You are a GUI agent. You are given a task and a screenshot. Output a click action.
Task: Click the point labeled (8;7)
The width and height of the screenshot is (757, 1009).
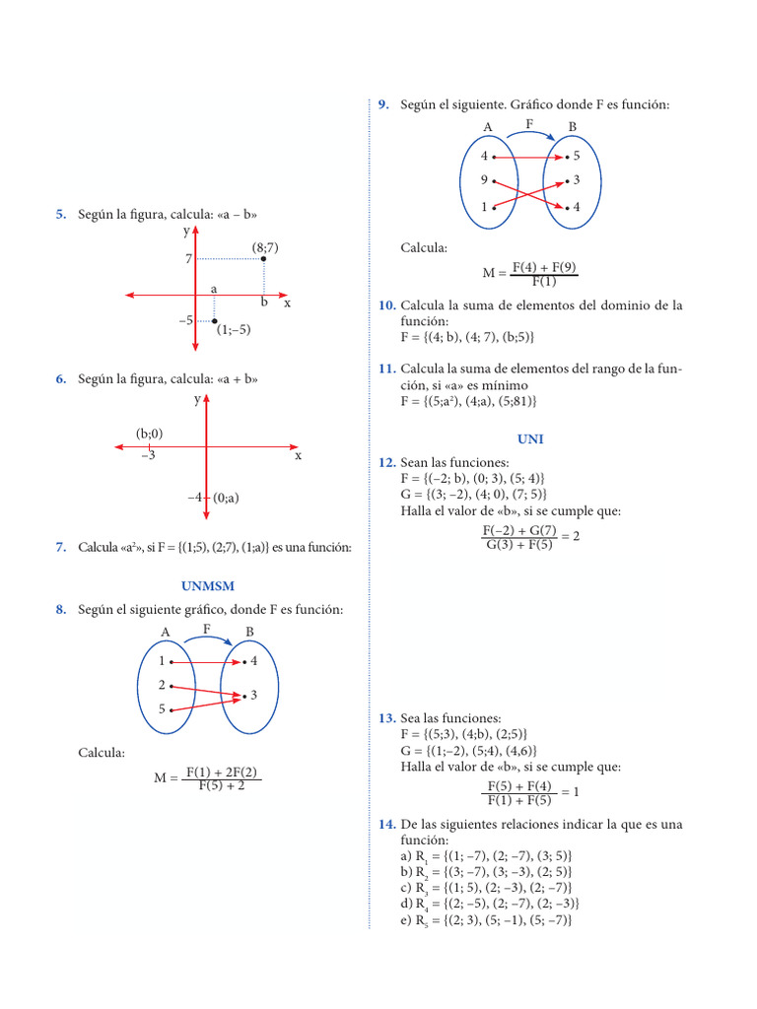(x=263, y=259)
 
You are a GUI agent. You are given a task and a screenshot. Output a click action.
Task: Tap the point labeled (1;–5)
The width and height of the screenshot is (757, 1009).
(x=215, y=321)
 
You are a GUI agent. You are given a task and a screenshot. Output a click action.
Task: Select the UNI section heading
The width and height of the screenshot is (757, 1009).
(x=530, y=439)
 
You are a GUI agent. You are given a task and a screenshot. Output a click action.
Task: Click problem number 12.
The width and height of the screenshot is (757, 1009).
(x=386, y=463)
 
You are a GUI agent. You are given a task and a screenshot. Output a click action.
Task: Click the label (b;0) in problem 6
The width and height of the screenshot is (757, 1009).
(x=150, y=434)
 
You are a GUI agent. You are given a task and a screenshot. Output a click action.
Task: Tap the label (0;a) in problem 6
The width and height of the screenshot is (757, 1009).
(x=226, y=499)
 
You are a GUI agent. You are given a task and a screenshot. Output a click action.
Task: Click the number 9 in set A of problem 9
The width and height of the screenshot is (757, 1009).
(x=484, y=180)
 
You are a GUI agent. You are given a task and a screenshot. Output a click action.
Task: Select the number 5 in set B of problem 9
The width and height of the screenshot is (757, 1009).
(x=577, y=156)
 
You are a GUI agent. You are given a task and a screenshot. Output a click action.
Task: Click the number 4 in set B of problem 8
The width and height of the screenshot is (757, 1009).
(x=253, y=660)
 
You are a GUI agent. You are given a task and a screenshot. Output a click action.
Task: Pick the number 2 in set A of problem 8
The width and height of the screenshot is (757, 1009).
(x=162, y=684)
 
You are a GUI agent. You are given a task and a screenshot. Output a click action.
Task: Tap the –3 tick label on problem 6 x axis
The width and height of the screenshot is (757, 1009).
(x=148, y=456)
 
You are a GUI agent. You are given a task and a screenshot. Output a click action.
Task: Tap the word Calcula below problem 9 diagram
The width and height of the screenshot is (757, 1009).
(x=424, y=248)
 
